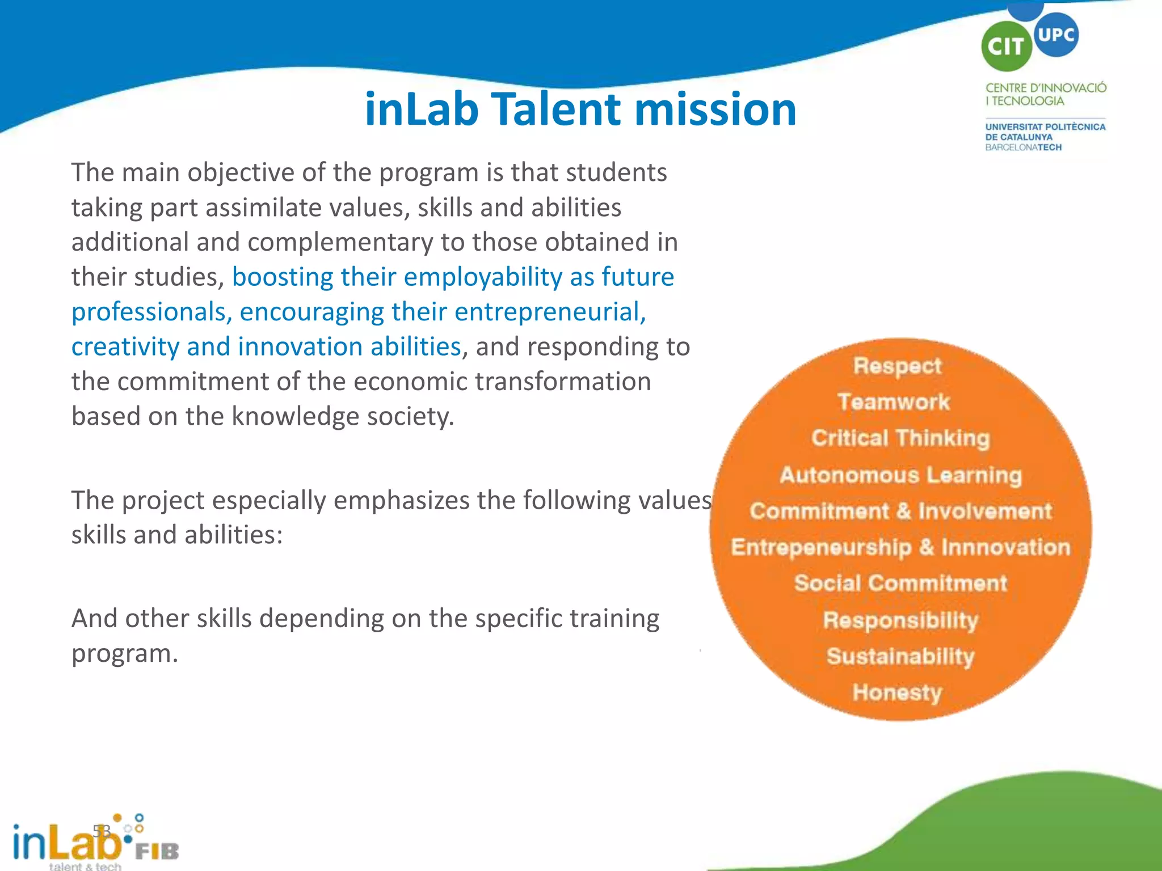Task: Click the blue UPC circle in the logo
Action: tap(1056, 34)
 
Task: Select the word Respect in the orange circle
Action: tap(897, 366)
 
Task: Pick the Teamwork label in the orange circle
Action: tap(894, 402)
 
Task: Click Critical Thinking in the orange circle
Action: tap(900, 438)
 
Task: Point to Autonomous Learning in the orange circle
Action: tap(900, 475)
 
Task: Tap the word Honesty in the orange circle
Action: tap(897, 692)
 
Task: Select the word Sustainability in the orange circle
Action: tap(900, 656)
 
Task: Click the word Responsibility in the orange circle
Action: tap(900, 620)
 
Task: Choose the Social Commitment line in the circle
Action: tap(900, 584)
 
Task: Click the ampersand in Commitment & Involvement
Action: tap(903, 511)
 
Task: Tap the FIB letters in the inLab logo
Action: tap(157, 851)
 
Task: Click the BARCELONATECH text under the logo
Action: tap(1023, 147)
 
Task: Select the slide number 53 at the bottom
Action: tap(102, 831)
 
